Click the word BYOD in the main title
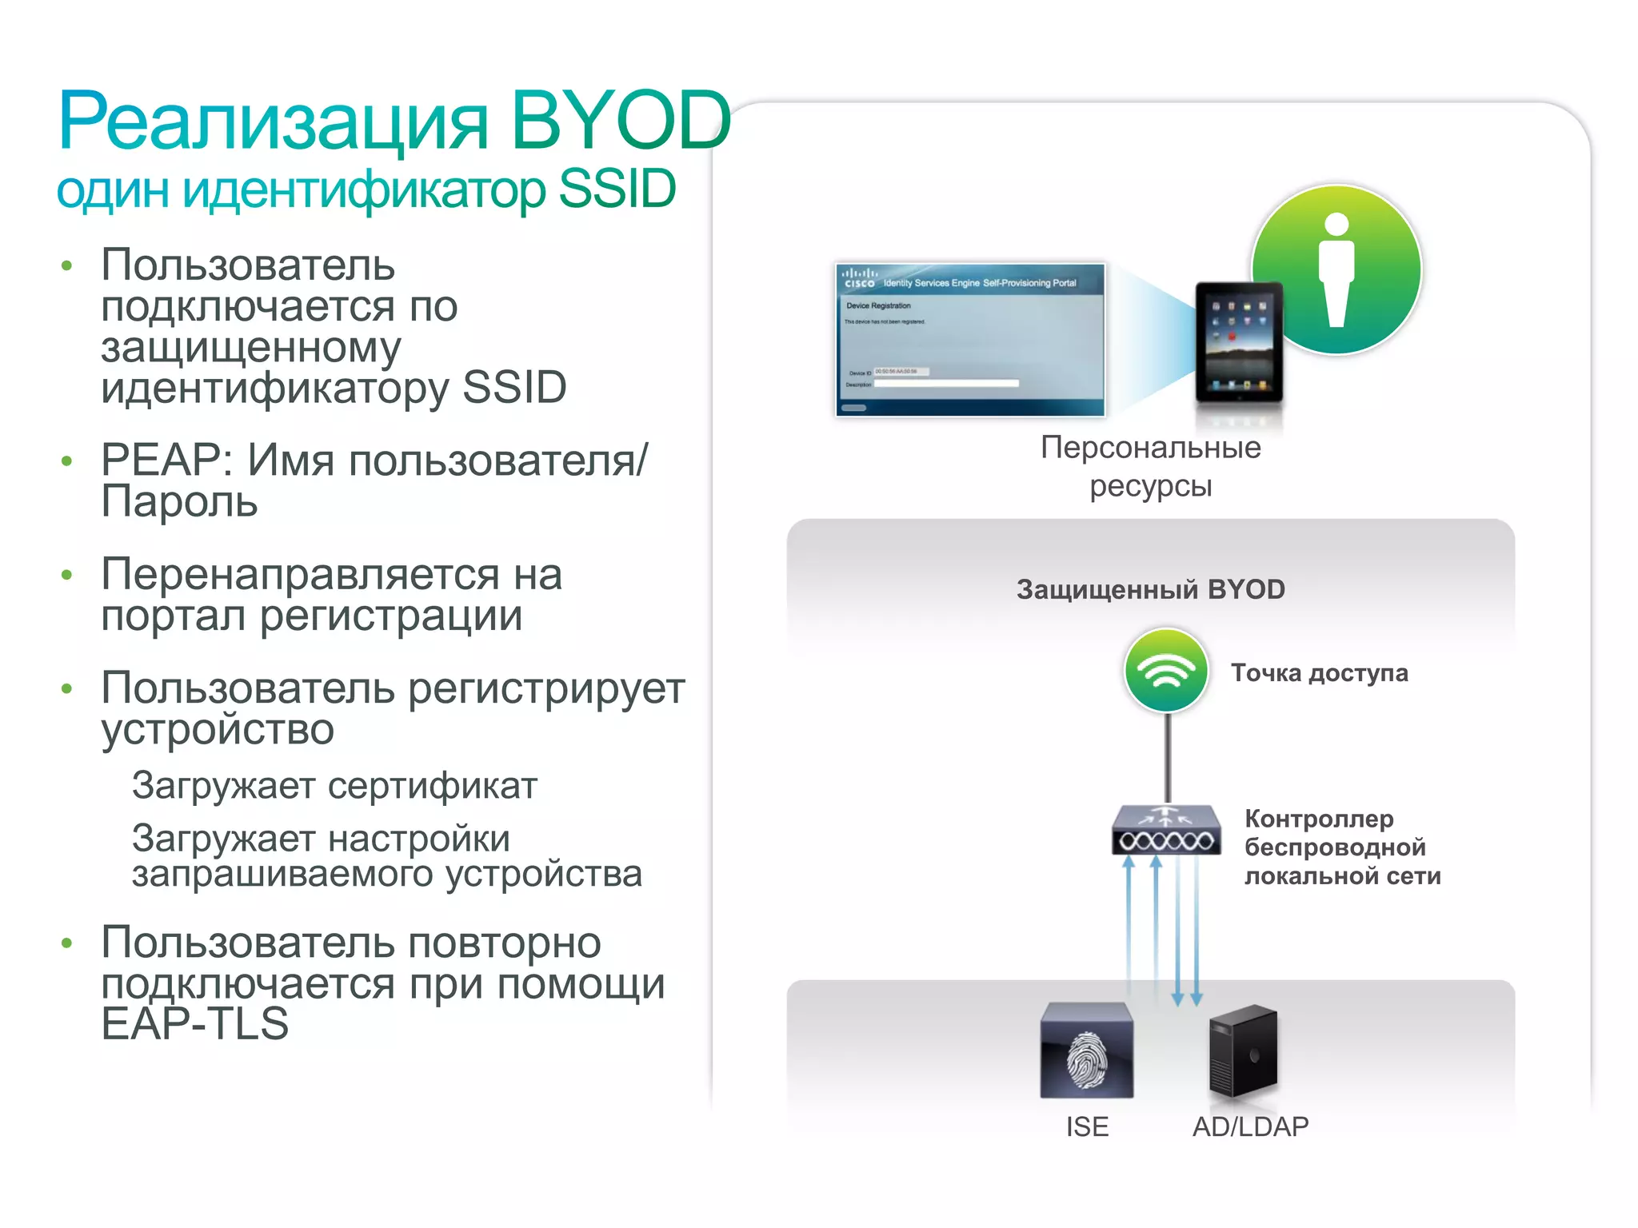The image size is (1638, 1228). [620, 122]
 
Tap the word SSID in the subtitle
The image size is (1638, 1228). [617, 190]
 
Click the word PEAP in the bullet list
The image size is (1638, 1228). [160, 461]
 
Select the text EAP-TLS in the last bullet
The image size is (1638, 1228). [194, 1024]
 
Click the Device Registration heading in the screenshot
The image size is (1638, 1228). [878, 305]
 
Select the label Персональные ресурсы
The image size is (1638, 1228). [1150, 467]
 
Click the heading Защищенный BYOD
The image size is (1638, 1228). [1150, 590]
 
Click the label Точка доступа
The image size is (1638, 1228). [1319, 673]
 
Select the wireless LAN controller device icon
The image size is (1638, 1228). [1166, 831]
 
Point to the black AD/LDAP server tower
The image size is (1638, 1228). [1243, 1052]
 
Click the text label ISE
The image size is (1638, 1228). [1087, 1127]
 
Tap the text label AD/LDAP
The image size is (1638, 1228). [1250, 1127]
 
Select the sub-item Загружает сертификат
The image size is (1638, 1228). [334, 786]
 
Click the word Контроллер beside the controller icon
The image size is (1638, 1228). [1319, 819]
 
